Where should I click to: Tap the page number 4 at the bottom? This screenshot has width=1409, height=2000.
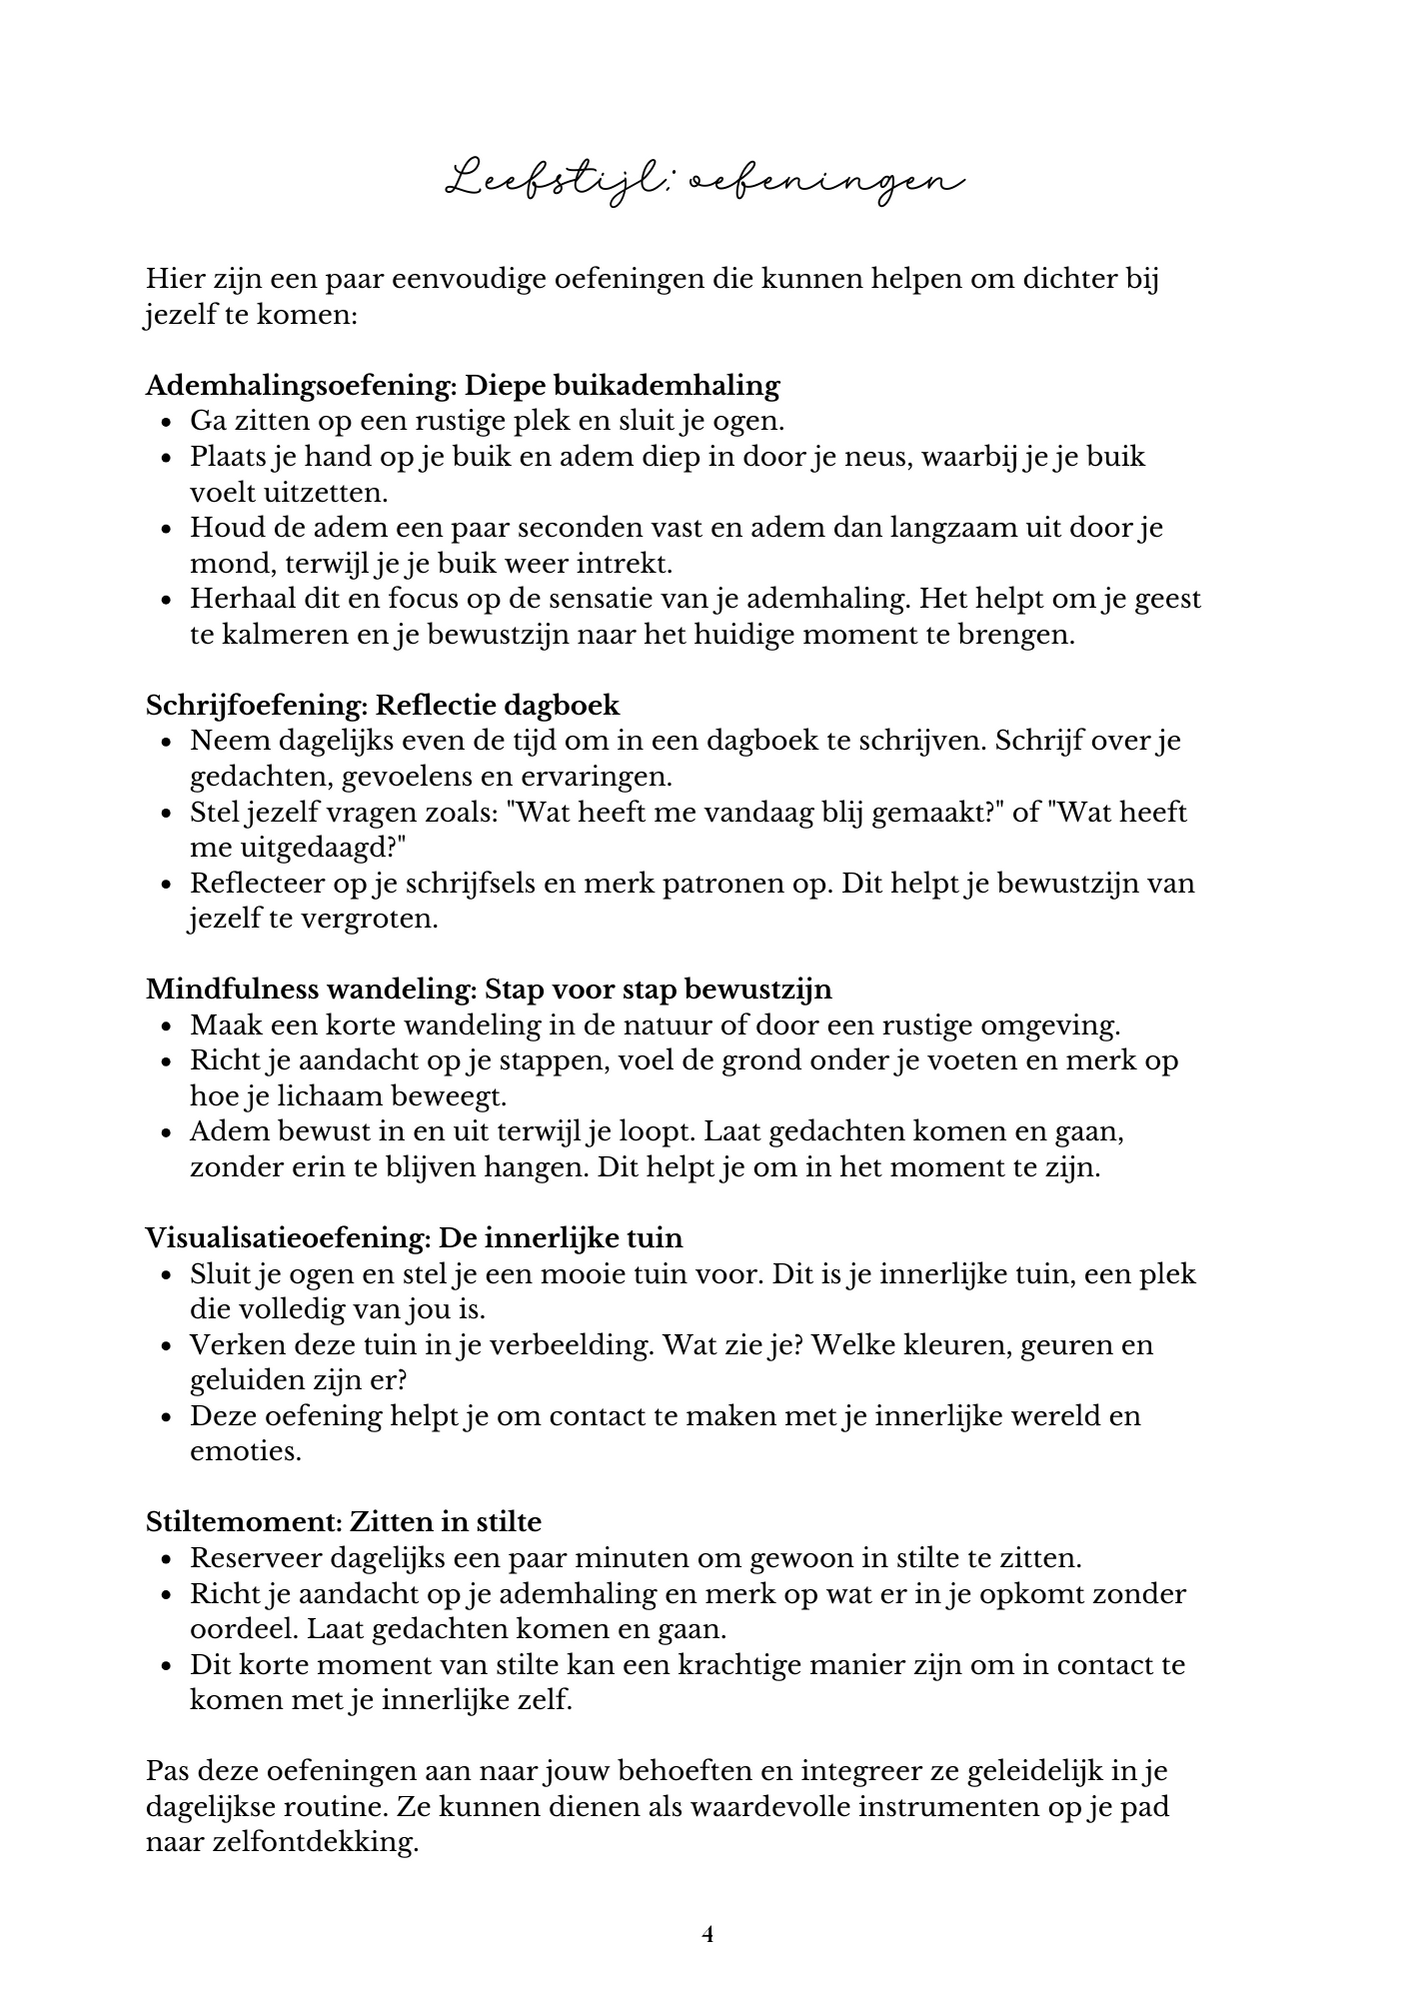point(707,1934)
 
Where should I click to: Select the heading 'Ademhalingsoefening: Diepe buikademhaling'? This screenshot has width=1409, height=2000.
point(462,385)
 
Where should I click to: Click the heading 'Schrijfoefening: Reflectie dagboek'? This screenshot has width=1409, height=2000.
point(382,705)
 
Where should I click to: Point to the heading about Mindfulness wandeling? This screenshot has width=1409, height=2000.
point(488,989)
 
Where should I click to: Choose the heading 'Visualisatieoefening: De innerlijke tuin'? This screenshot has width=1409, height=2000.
point(414,1237)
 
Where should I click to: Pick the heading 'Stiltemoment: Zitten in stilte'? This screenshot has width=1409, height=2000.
point(343,1521)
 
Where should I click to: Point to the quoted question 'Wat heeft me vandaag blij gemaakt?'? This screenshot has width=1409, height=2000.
point(755,812)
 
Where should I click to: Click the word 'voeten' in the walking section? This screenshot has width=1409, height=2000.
point(957,1060)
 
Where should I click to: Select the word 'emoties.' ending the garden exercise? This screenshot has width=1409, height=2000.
point(246,1450)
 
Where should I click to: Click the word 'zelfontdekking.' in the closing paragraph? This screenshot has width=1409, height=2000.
point(282,1843)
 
